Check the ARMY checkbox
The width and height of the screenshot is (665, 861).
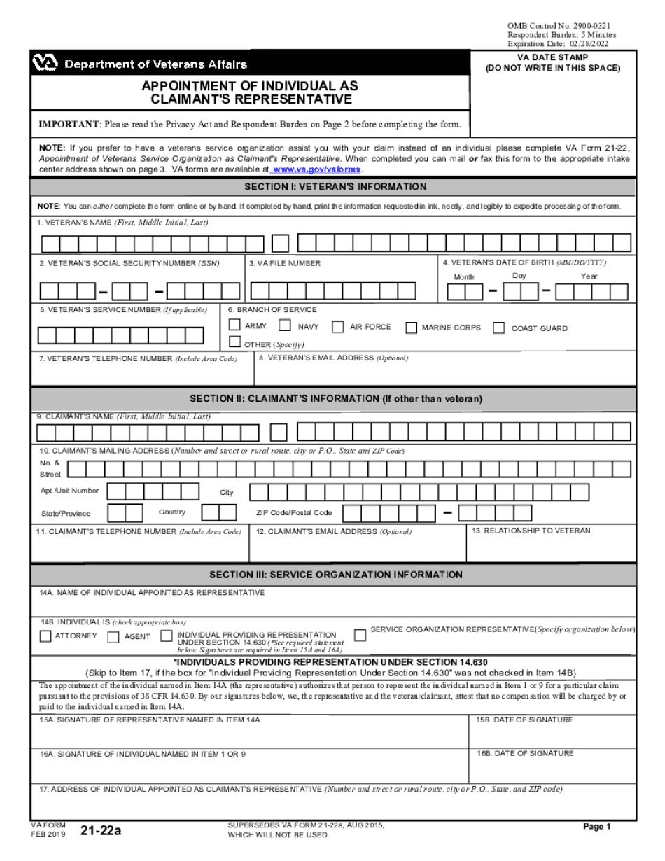(235, 325)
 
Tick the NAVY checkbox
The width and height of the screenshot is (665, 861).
(285, 325)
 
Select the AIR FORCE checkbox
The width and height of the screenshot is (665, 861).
(337, 326)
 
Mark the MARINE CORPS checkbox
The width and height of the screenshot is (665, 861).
(411, 328)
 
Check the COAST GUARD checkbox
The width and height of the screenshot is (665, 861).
(499, 328)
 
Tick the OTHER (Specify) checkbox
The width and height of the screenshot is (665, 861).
(235, 342)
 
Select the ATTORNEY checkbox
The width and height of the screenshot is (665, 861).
(45, 636)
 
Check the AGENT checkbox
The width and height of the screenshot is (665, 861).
(113, 637)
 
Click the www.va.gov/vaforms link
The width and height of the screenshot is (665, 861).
(317, 169)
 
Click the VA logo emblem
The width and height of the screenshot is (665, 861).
(45, 64)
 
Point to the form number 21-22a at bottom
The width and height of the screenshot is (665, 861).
(101, 831)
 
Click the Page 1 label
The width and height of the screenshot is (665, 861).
(597, 827)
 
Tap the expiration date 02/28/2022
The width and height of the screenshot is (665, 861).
(590, 43)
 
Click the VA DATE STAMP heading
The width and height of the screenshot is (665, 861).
(553, 57)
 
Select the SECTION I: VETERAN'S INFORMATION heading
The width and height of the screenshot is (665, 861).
(335, 187)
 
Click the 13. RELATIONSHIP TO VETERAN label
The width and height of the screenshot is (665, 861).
(531, 531)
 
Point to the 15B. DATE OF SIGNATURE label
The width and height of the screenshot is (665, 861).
(524, 720)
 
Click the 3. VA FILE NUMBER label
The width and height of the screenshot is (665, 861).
(286, 263)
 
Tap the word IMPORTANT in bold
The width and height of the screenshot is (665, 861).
(69, 125)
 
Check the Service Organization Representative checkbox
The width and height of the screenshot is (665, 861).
(360, 636)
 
